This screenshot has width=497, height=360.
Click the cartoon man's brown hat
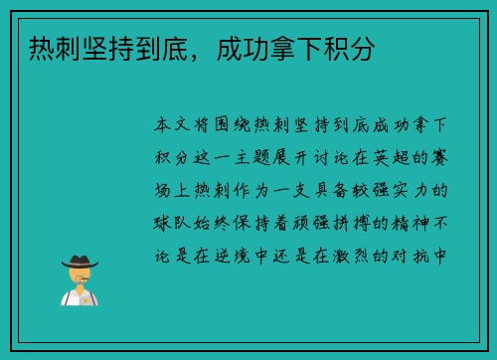coord(79,260)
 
